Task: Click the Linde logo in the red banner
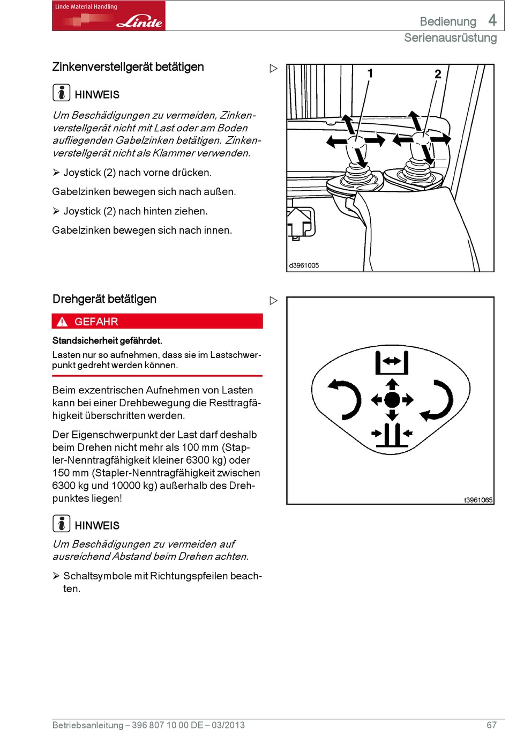tap(139, 21)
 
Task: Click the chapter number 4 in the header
tap(492, 20)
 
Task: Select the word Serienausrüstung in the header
tap(450, 38)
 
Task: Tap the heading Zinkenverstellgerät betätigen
tap(128, 67)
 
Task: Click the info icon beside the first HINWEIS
tap(62, 93)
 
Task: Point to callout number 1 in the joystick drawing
tap(370, 73)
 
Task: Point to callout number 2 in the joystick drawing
tap(438, 74)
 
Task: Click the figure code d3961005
tap(304, 265)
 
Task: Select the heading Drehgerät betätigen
tap(104, 299)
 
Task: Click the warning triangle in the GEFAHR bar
tap(62, 322)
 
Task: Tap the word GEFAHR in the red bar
tap(96, 322)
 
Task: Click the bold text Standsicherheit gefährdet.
tap(107, 341)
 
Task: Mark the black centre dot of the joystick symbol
tap(392, 399)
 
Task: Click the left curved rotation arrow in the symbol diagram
tap(346, 399)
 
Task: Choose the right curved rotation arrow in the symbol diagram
tap(438, 399)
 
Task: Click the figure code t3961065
tap(478, 500)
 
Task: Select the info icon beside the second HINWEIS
tap(62, 523)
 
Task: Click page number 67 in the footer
tap(491, 725)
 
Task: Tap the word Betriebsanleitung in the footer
tap(88, 725)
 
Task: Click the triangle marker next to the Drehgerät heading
tap(273, 301)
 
